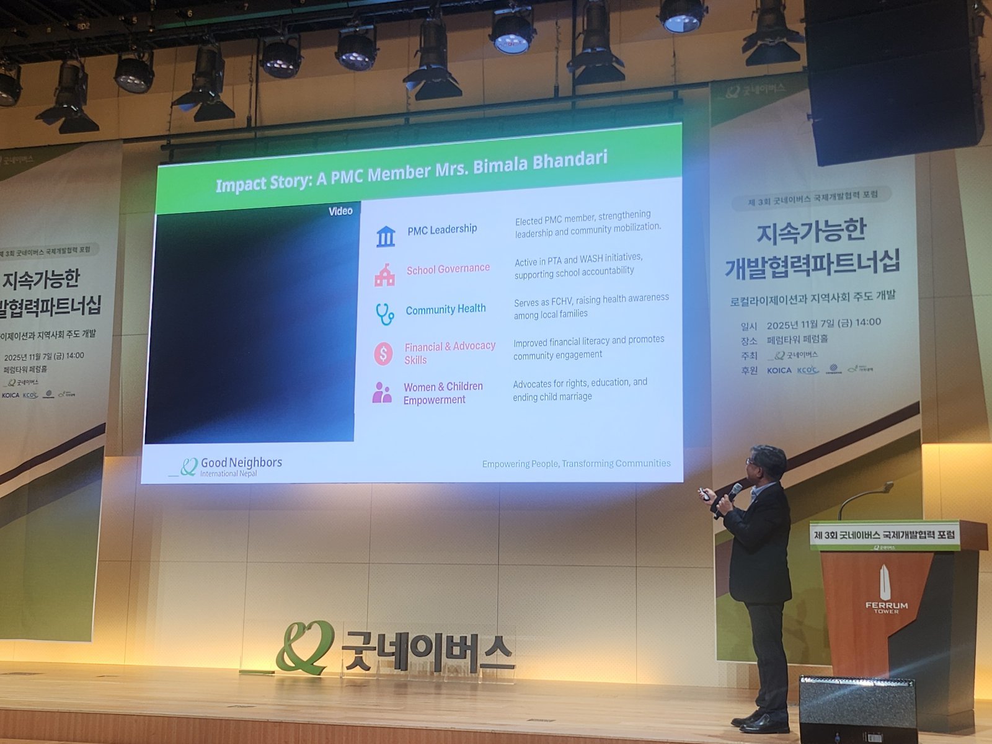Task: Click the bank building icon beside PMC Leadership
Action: [386, 236]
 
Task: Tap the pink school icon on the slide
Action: [384, 275]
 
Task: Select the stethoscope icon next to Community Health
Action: [384, 314]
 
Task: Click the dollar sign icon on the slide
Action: [383, 354]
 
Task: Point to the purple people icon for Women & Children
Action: [382, 393]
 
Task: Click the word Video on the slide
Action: [340, 211]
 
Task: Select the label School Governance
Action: [448, 269]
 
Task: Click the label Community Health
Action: [446, 309]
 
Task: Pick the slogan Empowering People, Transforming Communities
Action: [576, 464]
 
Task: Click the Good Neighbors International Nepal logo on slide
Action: [226, 466]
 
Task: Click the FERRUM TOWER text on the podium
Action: [886, 607]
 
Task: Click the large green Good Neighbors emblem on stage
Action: [305, 647]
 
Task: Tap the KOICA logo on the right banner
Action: [779, 371]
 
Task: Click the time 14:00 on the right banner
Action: [868, 322]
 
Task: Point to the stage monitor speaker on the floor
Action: [857, 710]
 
